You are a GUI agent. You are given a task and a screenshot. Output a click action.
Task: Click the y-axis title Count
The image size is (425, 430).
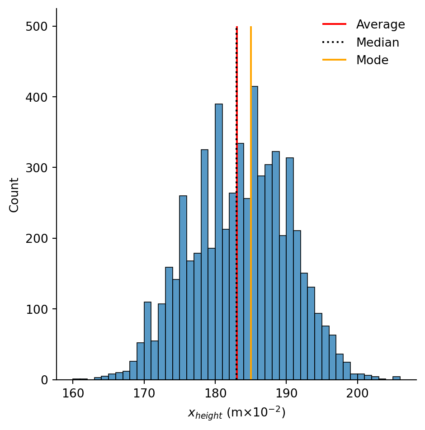click(14, 194)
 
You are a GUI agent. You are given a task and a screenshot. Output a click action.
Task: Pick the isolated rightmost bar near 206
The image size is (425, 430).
click(396, 378)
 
